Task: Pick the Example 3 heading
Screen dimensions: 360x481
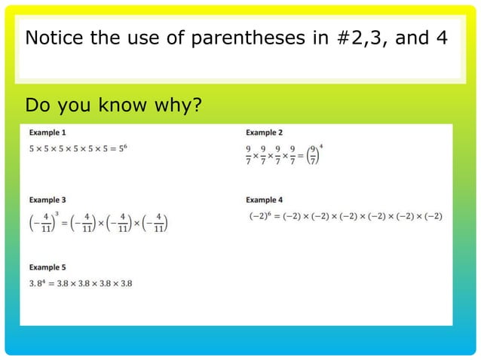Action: [x=47, y=200]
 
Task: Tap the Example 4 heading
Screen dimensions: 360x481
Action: [x=264, y=200]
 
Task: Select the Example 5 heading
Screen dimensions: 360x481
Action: [x=47, y=267]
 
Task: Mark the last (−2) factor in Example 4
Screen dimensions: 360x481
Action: [x=431, y=216]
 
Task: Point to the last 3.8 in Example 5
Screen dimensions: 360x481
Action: [x=124, y=283]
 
